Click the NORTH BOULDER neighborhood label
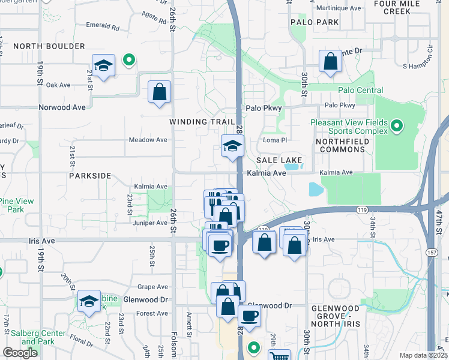point(49,46)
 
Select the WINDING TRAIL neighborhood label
point(202,122)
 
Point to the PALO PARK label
point(315,22)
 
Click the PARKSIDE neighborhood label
point(90,176)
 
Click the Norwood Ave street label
point(62,107)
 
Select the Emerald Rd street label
point(103,28)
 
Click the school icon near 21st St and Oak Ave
point(104,65)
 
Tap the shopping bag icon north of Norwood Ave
point(159,92)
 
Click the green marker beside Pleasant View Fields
point(396,127)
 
